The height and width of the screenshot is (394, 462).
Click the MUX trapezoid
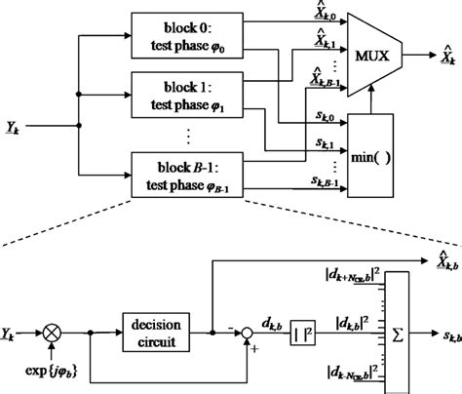[x=367, y=45]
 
